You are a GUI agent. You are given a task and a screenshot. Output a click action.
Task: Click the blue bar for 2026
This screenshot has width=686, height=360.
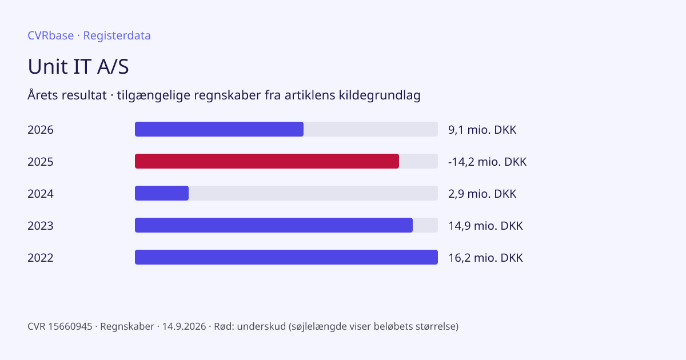tap(220, 129)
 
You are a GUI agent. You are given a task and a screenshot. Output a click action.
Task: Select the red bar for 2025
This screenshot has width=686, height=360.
tap(267, 161)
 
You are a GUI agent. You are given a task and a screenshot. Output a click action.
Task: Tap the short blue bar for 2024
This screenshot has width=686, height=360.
tap(162, 193)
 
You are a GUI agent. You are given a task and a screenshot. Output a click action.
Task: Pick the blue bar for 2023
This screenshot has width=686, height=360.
tap(274, 225)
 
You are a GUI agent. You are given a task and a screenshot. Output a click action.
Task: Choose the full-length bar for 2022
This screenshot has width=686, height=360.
tap(286, 257)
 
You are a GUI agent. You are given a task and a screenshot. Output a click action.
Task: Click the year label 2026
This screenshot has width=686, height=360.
tap(41, 130)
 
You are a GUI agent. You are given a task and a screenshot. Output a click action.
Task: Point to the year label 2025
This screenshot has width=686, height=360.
tap(41, 162)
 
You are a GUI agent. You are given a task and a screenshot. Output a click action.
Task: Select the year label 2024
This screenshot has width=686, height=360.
tap(41, 194)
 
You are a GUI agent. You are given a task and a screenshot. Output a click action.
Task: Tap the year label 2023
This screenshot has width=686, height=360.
tap(41, 226)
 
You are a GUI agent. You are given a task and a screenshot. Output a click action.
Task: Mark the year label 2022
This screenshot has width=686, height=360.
tap(41, 258)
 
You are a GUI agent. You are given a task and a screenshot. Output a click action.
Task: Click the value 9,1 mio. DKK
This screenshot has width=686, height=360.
tap(482, 130)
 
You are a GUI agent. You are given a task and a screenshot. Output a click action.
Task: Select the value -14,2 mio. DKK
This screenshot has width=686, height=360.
tap(487, 162)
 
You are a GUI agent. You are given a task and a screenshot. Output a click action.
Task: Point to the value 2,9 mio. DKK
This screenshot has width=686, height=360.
tap(482, 194)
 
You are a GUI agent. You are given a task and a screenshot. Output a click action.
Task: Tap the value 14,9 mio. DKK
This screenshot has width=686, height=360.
tap(485, 226)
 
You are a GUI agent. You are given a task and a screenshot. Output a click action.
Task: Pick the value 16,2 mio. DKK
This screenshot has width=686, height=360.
tap(485, 258)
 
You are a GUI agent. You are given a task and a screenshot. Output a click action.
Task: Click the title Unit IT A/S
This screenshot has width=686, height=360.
tap(78, 66)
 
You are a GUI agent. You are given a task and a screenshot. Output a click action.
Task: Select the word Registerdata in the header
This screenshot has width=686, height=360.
tap(117, 35)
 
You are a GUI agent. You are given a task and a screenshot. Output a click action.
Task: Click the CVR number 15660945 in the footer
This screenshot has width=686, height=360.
tap(70, 326)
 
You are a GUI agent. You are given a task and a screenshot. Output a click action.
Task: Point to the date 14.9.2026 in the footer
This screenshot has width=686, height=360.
tap(184, 326)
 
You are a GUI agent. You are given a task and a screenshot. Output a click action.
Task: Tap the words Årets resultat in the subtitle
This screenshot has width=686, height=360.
tap(67, 95)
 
